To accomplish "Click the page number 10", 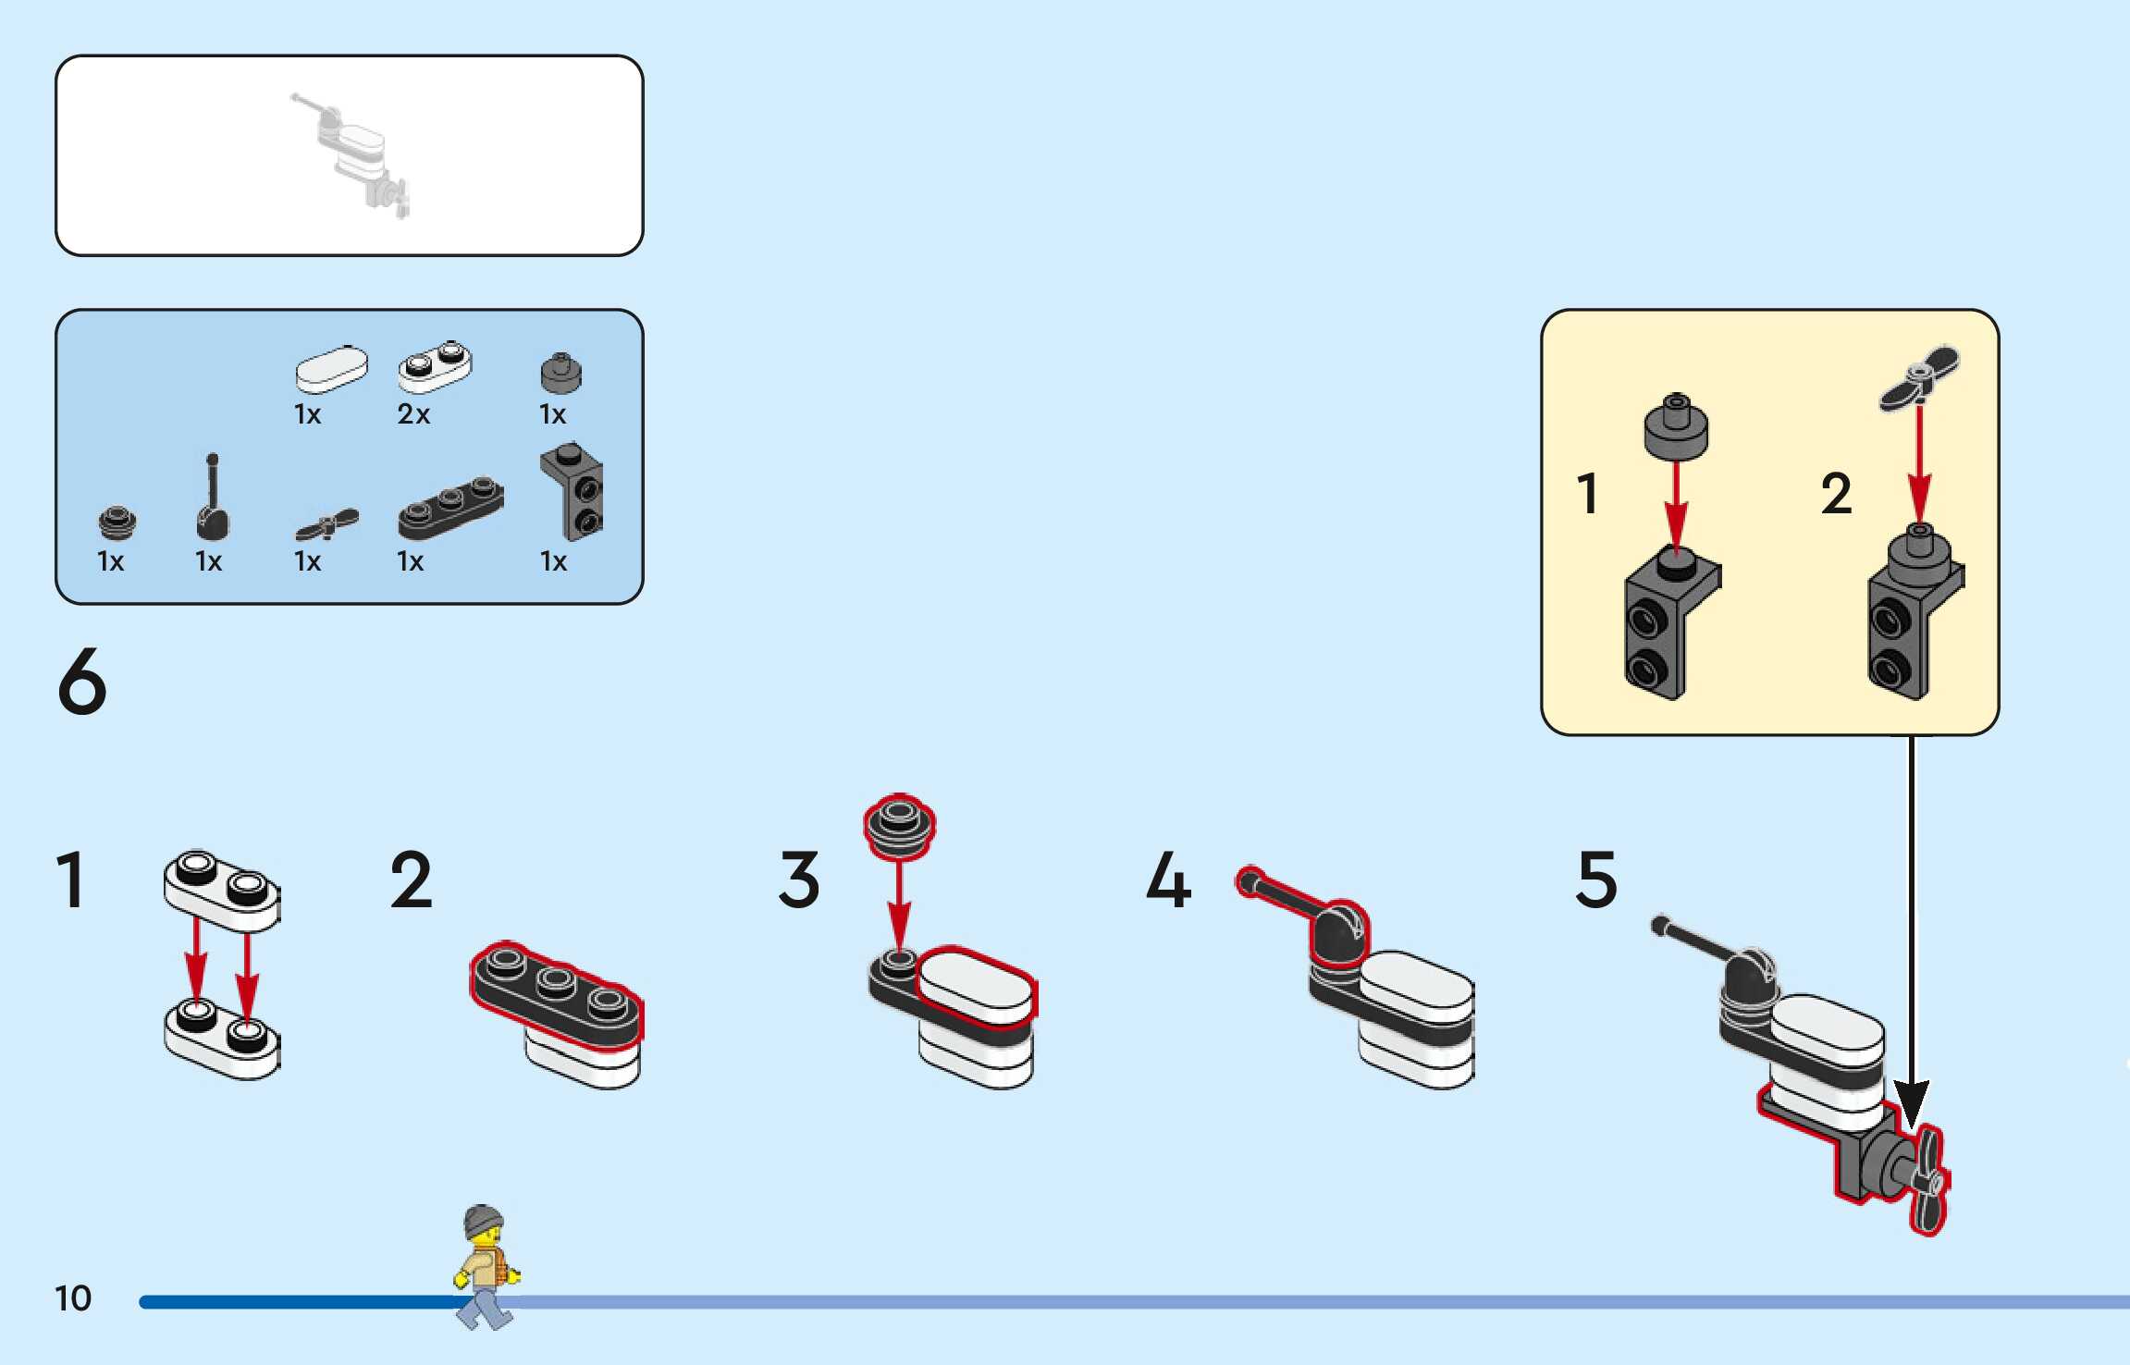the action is tap(73, 1298).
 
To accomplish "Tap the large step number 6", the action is tap(82, 682).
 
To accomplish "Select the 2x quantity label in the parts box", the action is tap(413, 414).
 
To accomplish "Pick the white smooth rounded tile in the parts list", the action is tap(330, 370).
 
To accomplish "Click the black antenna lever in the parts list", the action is tap(213, 499).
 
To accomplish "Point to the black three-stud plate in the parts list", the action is tap(450, 508).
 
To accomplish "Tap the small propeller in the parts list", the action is tap(327, 524).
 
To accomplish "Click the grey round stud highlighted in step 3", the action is tap(899, 825).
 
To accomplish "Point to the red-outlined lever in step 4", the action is tap(1313, 915).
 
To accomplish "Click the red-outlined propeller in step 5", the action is tap(1927, 1179).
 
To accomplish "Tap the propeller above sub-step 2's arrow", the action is tap(1920, 376).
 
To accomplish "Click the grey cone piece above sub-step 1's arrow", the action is tap(1676, 426).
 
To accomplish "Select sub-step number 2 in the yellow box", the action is tap(1837, 494).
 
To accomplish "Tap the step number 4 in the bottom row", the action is tap(1168, 879).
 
